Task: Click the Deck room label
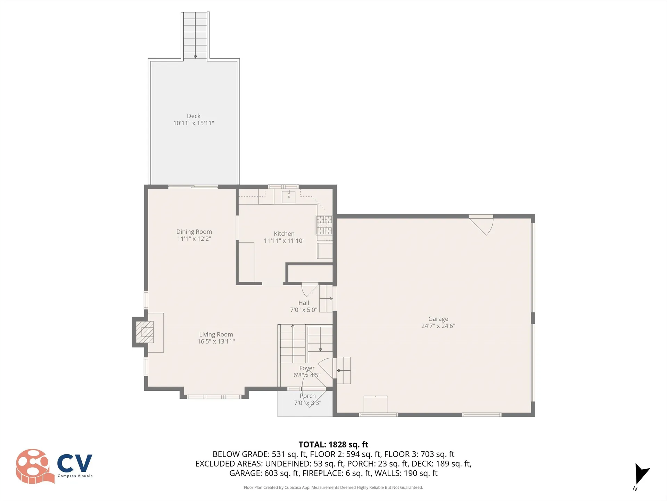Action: click(193, 116)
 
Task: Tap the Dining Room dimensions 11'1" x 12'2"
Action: click(194, 239)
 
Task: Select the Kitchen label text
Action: click(284, 234)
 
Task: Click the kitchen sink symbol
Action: click(288, 197)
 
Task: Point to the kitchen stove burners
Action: click(324, 225)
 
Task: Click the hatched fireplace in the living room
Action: click(145, 332)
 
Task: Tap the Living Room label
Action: click(216, 334)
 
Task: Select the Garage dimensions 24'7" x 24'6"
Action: click(438, 326)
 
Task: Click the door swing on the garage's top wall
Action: click(483, 224)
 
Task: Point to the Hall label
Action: click(303, 303)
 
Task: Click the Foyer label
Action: click(307, 368)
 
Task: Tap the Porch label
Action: click(307, 396)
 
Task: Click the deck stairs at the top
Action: click(195, 35)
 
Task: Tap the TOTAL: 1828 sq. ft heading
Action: click(333, 445)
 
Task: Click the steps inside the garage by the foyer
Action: click(343, 370)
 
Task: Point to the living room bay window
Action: click(214, 397)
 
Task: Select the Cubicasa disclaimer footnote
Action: click(333, 487)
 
